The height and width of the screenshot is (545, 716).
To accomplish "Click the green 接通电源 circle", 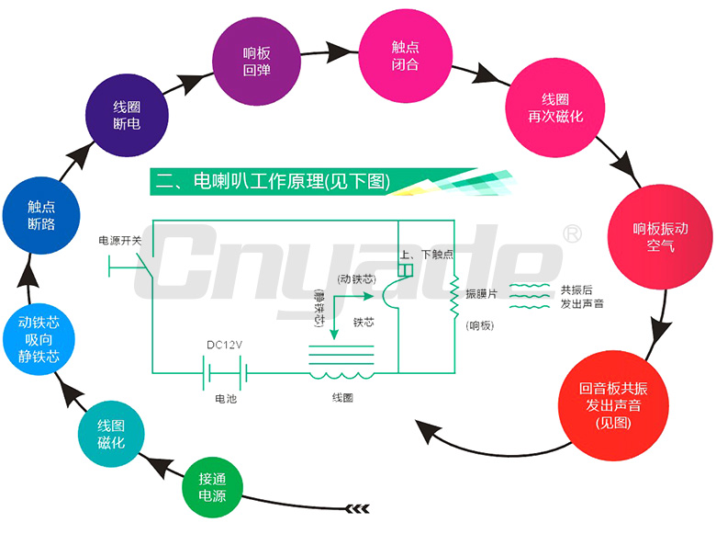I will (212, 487).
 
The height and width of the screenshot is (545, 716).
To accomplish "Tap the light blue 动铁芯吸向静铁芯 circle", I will (39, 339).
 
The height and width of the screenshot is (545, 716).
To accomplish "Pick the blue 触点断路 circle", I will (41, 215).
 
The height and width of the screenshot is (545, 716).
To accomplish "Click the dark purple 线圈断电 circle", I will (127, 115).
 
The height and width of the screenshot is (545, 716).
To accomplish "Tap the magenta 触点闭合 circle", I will (405, 55).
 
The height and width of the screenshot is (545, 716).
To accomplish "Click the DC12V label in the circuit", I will (224, 346).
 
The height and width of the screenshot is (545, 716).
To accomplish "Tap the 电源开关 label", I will (120, 241).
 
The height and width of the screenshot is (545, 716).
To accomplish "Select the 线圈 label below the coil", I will (341, 398).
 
